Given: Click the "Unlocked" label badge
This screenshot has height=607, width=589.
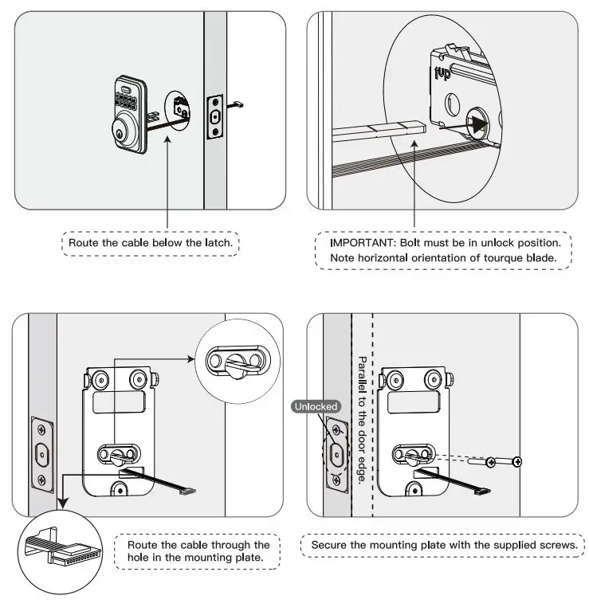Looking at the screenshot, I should pos(316,406).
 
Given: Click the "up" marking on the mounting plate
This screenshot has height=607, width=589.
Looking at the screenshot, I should pos(444,73).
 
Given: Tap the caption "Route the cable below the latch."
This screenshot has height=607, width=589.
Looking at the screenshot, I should pos(150,242).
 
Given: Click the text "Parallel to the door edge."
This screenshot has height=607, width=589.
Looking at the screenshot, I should pos(362,421).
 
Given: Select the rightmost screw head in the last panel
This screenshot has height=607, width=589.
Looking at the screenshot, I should pos(517,461).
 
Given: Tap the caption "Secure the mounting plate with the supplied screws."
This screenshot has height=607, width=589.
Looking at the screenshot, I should pos(442,545).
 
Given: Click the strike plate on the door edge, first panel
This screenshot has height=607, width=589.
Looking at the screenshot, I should pos(214,117).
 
